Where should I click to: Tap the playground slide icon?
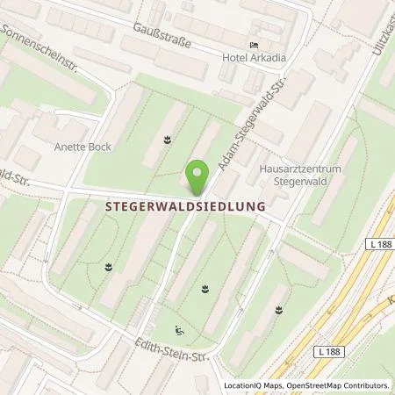coord(180,331)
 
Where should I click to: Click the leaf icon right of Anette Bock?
coord(167,139)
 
